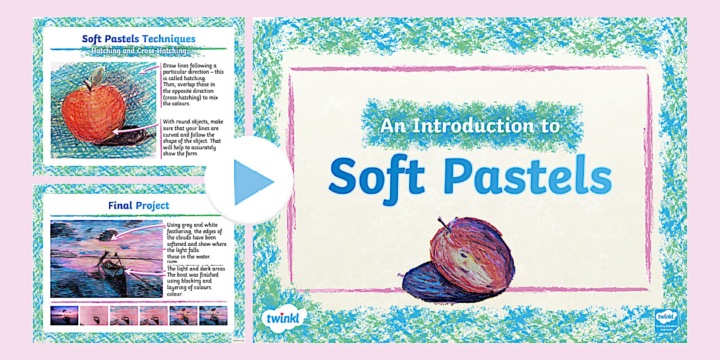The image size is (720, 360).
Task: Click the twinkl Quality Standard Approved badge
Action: (666, 321)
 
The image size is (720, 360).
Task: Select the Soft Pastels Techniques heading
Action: (138, 39)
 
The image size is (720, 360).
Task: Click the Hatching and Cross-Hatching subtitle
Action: (138, 51)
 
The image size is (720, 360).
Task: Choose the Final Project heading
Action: (138, 205)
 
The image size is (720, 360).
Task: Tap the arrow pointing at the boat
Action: (146, 271)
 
